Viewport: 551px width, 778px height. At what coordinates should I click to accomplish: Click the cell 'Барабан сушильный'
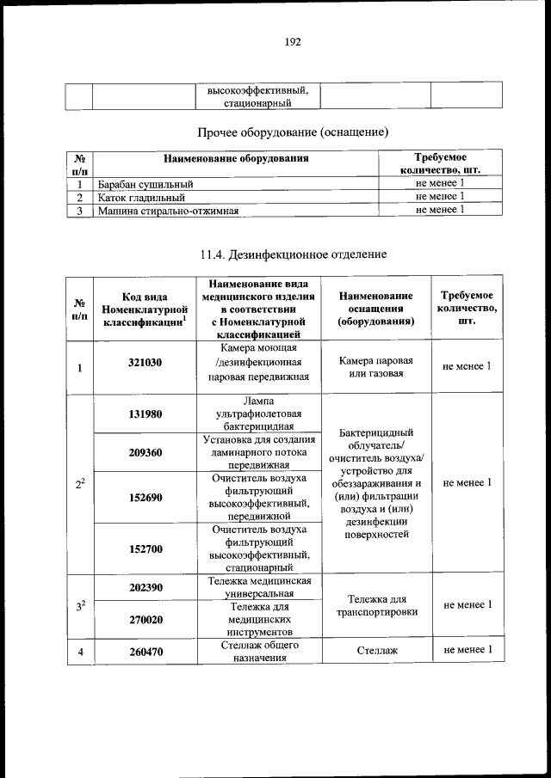point(145,184)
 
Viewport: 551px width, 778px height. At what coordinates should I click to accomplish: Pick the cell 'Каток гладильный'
point(142,197)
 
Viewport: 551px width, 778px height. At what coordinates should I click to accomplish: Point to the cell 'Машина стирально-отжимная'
point(168,209)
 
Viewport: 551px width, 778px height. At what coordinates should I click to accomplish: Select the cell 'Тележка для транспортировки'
point(375,605)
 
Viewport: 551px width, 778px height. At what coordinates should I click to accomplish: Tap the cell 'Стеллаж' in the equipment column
point(375,651)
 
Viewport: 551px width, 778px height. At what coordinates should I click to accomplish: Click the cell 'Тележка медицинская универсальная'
point(258,587)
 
